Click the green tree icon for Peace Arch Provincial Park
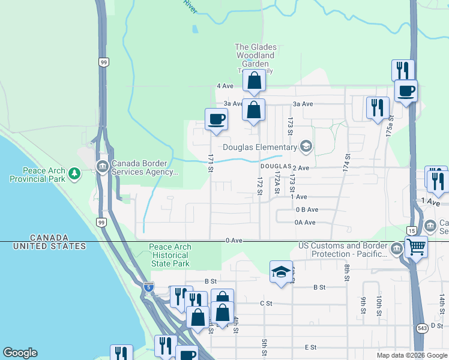[x=74, y=174]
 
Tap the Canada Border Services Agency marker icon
[x=102, y=166]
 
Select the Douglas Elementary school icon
[x=306, y=147]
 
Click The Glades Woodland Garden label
[x=255, y=55]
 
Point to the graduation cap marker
[x=281, y=272]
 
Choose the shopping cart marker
[x=415, y=246]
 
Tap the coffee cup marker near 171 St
[x=216, y=119]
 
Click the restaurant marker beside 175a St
[x=378, y=107]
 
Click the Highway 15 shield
[x=412, y=230]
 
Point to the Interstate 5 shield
[x=148, y=287]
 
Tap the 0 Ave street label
[x=234, y=241]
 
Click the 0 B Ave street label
[x=306, y=209]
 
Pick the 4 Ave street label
[x=224, y=86]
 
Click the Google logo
[x=20, y=353]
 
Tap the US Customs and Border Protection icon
[x=396, y=248]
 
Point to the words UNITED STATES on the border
[x=50, y=246]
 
